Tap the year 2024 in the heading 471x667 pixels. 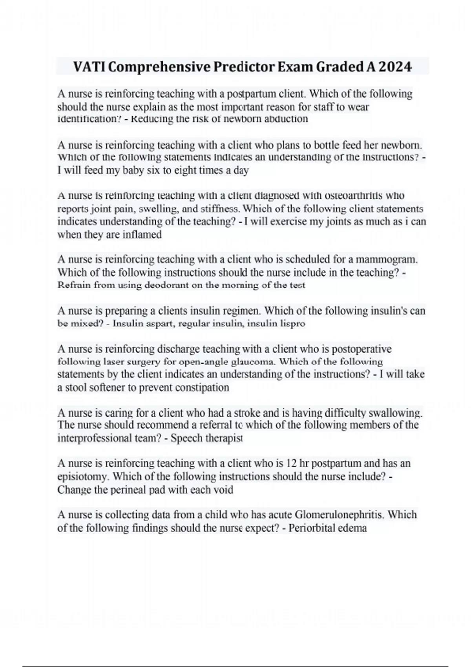pos(395,67)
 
